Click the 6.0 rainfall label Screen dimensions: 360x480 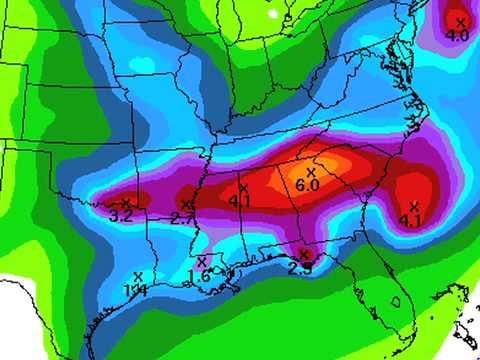point(307,186)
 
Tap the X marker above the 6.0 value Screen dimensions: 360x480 point(311,173)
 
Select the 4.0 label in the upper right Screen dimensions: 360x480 point(457,36)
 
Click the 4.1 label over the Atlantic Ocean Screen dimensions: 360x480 point(409,220)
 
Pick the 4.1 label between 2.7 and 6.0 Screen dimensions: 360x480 point(239,200)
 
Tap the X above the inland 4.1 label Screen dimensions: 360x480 point(243,187)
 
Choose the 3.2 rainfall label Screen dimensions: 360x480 point(121,216)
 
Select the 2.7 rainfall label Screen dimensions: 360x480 point(182,218)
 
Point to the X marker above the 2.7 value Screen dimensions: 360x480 point(187,205)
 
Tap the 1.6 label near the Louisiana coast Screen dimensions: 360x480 point(199,275)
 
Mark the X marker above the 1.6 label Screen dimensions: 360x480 point(202,262)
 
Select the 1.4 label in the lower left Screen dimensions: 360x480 point(134,288)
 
